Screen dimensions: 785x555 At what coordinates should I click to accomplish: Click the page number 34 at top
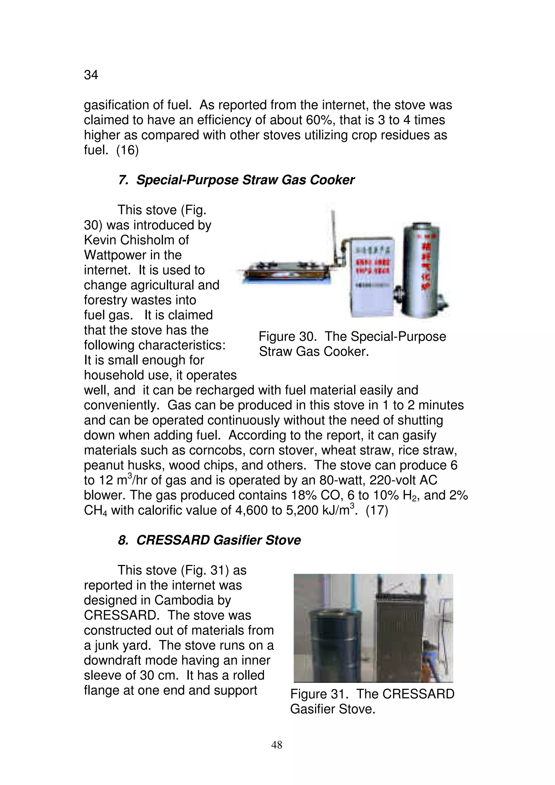tap(91, 75)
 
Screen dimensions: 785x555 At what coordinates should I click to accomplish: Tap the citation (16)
tap(128, 150)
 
